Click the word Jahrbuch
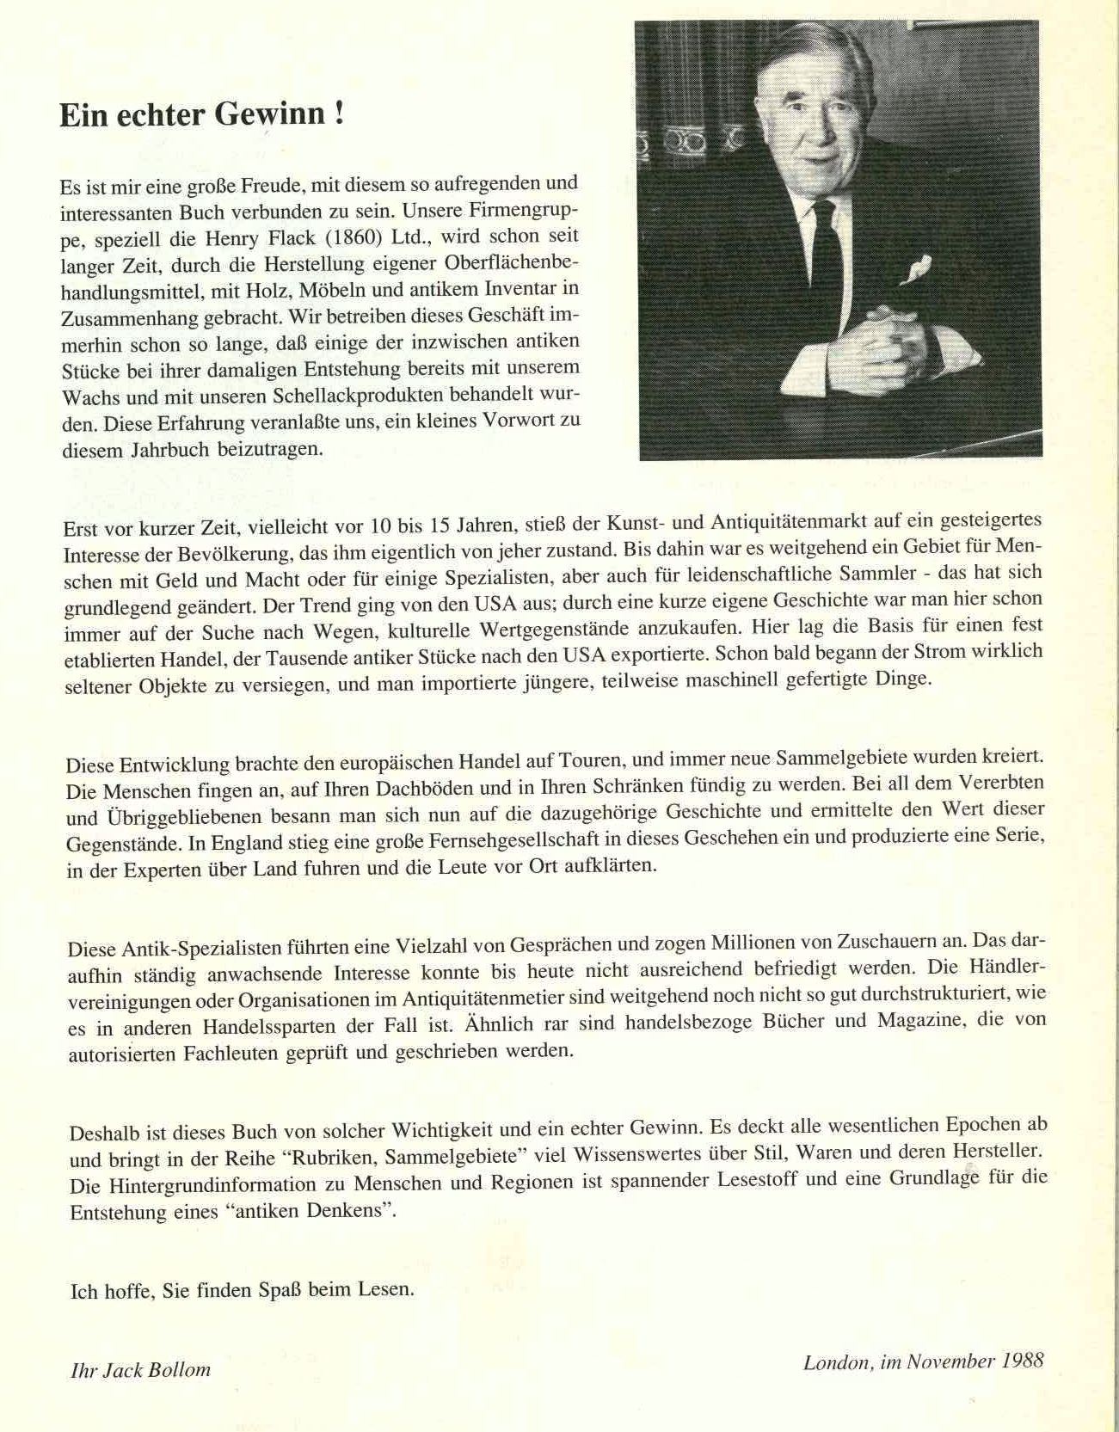170,449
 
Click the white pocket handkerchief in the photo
915,269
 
